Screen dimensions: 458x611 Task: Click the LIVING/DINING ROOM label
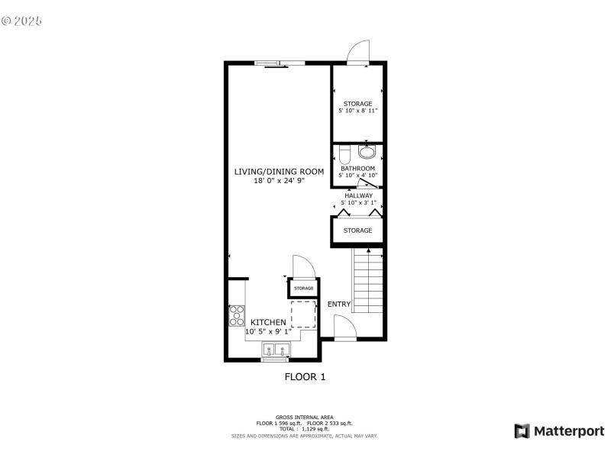click(279, 171)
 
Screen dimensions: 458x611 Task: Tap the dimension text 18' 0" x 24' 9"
click(279, 181)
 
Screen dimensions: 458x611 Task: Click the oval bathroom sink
click(368, 151)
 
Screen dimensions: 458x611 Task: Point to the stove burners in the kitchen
click(237, 315)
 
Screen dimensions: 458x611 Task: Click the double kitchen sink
click(276, 350)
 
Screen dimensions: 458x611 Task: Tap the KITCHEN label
click(268, 323)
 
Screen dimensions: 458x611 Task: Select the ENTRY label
click(339, 305)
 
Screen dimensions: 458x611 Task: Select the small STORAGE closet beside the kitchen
click(304, 289)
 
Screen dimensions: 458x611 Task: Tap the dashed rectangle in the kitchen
click(303, 314)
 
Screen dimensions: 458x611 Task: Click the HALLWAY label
click(358, 195)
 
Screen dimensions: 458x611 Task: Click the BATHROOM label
click(358, 168)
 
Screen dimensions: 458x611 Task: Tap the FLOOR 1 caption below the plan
click(305, 376)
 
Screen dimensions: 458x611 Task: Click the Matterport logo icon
click(522, 431)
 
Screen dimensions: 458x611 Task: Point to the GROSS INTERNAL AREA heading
click(305, 417)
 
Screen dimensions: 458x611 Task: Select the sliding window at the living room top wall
click(280, 63)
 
